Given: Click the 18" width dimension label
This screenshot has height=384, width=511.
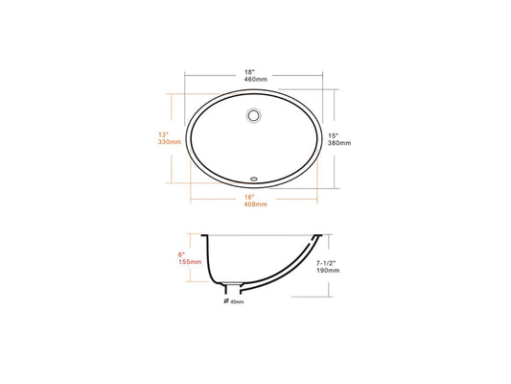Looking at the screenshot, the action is (x=249, y=72).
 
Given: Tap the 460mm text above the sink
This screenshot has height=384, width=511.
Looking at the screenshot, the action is (x=255, y=80).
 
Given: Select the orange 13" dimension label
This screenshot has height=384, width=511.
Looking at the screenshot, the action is (x=164, y=134).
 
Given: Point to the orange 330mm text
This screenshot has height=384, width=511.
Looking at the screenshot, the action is (x=170, y=142).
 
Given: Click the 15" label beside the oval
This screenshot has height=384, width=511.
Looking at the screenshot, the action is (x=334, y=135).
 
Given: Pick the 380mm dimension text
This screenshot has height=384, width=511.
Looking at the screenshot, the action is (x=339, y=143).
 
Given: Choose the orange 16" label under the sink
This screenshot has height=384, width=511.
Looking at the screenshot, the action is (x=249, y=197).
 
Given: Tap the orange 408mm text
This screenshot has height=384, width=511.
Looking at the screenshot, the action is (x=255, y=204).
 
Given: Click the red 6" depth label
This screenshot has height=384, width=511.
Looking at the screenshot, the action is (x=181, y=254).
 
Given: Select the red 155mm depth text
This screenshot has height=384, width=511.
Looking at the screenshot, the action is (x=190, y=262).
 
